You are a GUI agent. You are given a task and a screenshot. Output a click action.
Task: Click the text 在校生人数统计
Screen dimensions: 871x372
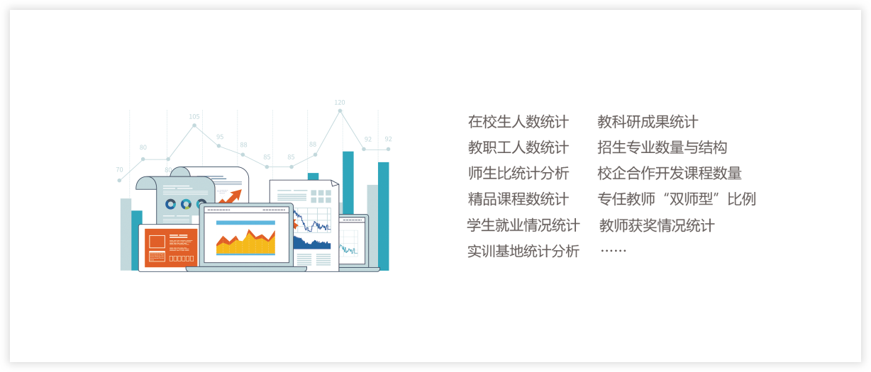pyautogui.click(x=518, y=122)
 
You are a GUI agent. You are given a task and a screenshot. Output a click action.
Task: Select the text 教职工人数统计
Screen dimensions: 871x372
pyautogui.click(x=518, y=147)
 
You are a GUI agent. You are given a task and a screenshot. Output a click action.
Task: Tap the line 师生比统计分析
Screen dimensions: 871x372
pyautogui.click(x=518, y=173)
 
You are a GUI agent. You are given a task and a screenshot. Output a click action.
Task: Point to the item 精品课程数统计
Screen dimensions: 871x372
pyautogui.click(x=518, y=199)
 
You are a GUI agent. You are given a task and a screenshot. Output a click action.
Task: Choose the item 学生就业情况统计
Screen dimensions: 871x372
pyautogui.click(x=523, y=225)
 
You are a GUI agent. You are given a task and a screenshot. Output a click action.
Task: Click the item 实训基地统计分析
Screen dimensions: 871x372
pyautogui.click(x=523, y=252)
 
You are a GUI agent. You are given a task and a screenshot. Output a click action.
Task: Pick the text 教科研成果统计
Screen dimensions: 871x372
pyautogui.click(x=648, y=122)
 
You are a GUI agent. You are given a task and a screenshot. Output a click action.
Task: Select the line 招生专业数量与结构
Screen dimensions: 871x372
pyautogui.click(x=662, y=147)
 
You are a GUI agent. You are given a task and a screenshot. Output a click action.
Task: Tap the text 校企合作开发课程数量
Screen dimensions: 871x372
pyautogui.click(x=670, y=173)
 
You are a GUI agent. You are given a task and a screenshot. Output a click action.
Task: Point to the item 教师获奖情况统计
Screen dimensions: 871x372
pyautogui.click(x=657, y=225)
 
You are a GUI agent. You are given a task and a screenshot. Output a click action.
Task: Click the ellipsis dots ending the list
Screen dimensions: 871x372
pyautogui.click(x=614, y=251)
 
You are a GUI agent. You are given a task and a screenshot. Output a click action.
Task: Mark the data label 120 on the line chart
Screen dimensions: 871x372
pyautogui.click(x=340, y=103)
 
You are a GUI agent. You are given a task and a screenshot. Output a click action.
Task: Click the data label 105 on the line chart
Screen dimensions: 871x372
pyautogui.click(x=194, y=116)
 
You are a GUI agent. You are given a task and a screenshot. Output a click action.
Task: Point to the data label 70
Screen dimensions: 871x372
pyautogui.click(x=119, y=169)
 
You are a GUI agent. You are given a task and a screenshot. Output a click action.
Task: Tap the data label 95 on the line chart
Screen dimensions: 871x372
pyautogui.click(x=220, y=137)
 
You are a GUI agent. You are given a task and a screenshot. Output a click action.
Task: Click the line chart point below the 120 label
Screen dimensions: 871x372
pyautogui.click(x=340, y=111)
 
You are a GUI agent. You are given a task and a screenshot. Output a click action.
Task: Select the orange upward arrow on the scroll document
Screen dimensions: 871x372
pyautogui.click(x=231, y=196)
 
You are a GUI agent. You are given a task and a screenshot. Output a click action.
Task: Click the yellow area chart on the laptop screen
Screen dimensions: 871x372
pyautogui.click(x=245, y=242)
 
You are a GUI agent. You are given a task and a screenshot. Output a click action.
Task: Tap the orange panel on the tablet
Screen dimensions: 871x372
pyautogui.click(x=171, y=248)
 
